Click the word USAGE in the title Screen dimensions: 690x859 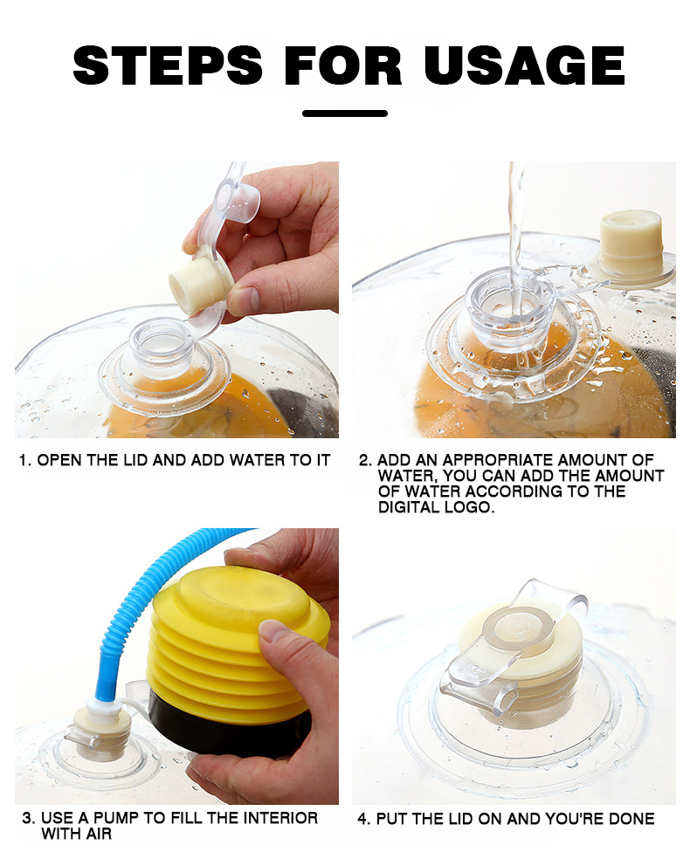tap(525, 65)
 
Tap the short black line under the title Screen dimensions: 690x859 tap(345, 113)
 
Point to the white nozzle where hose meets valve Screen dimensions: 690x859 tap(104, 704)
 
